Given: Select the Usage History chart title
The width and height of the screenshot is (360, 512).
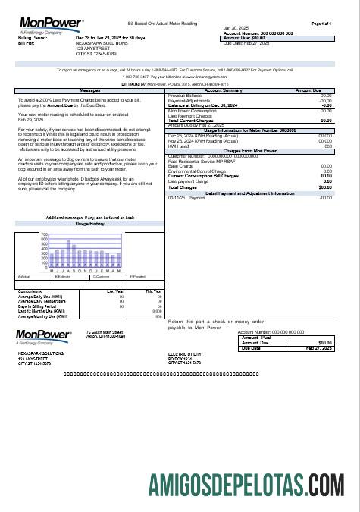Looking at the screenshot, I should [x=90, y=224].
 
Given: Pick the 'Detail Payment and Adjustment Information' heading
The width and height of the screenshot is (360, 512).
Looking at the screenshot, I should [x=249, y=193].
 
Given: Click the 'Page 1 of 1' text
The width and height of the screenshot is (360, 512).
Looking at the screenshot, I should [x=322, y=24].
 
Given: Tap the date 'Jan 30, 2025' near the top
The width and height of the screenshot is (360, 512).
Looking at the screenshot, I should [x=236, y=28].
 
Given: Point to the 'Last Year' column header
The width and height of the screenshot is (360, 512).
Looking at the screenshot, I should [x=116, y=290].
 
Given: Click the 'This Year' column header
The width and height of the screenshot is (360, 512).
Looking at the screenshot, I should [x=154, y=290].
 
